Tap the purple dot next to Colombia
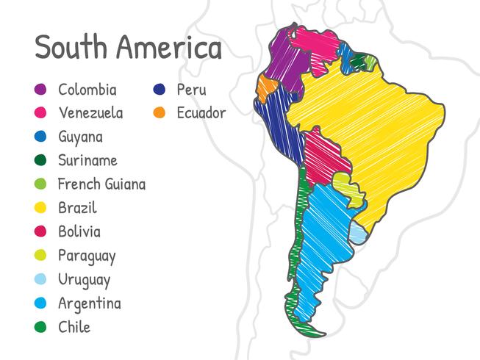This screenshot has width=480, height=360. click(x=41, y=90)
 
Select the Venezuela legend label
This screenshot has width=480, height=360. click(x=90, y=113)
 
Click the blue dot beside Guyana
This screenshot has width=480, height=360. click(x=41, y=137)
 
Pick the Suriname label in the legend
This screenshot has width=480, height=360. click(x=87, y=160)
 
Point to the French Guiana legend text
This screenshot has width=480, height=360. click(x=101, y=184)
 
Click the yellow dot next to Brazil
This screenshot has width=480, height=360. click(x=41, y=208)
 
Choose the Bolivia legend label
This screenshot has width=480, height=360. click(x=79, y=231)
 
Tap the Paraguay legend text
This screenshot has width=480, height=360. click(x=87, y=256)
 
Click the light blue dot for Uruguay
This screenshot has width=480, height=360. click(x=41, y=279)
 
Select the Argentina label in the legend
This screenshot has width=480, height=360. click(x=90, y=303)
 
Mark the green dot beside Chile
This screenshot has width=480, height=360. click(x=41, y=327)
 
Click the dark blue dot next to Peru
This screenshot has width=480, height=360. click(x=159, y=90)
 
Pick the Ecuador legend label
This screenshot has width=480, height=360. click(x=201, y=113)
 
